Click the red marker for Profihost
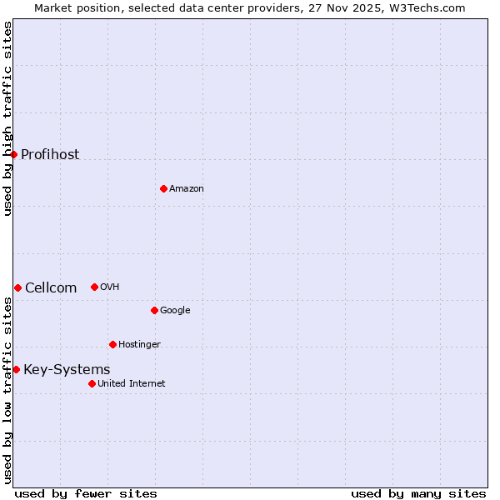click(x=13, y=154)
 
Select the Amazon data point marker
click(x=163, y=188)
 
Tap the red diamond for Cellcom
click(x=17, y=287)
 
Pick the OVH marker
click(x=94, y=287)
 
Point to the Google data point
click(x=154, y=310)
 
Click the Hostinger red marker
click(x=112, y=344)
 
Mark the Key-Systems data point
click(x=16, y=369)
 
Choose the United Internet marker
click(x=92, y=383)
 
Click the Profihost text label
click(x=50, y=154)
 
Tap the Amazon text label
click(x=187, y=188)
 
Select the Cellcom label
click(x=51, y=288)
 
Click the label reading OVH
click(x=110, y=287)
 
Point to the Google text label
click(x=175, y=310)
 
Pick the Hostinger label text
click(x=139, y=344)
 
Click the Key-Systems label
click(x=67, y=370)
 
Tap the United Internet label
click(x=131, y=383)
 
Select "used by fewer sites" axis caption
click(x=86, y=493)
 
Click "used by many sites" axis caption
click(x=418, y=493)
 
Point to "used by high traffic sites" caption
click(x=7, y=118)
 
